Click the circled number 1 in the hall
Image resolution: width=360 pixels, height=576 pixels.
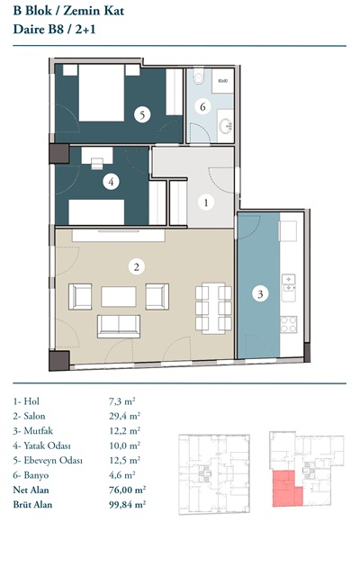206,202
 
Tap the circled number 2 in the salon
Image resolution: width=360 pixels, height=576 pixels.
137,266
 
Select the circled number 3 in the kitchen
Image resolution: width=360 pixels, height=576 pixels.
260,294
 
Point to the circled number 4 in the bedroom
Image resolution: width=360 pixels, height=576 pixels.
111,182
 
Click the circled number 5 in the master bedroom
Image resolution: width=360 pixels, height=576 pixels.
142,114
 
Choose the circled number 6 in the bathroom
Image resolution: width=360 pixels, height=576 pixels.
202,107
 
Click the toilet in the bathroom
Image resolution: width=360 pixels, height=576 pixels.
198,76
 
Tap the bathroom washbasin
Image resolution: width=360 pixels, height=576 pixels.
226,126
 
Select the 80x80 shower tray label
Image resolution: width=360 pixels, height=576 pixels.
222,80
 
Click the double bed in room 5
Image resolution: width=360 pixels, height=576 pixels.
101,93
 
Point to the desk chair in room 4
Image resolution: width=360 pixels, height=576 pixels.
97,164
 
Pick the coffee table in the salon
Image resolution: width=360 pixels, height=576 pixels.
119,296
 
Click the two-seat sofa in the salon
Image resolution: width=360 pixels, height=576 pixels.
119,326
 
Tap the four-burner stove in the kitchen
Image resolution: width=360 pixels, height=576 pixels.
288,324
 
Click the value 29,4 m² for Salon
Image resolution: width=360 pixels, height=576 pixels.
124,416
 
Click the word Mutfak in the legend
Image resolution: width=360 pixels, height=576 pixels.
38,430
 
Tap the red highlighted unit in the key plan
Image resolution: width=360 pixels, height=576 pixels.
286,489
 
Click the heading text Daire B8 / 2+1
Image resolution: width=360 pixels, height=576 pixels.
54,29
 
